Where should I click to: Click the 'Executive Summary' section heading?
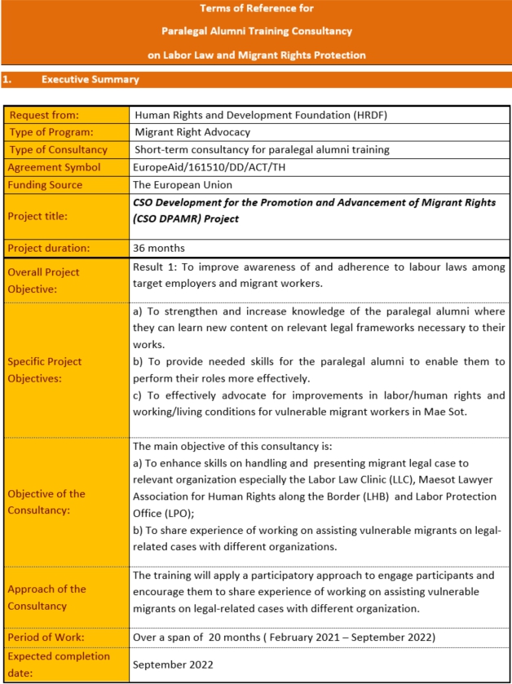tap(90, 80)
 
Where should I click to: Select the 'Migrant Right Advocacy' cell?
tap(192, 132)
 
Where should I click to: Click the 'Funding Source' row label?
tap(45, 185)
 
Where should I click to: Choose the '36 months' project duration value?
tap(158, 248)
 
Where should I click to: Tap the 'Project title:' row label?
tap(38, 216)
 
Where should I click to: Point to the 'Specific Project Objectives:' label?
tap(45, 369)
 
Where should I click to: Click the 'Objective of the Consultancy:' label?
tap(46, 501)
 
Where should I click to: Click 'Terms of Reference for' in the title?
tap(256, 9)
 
